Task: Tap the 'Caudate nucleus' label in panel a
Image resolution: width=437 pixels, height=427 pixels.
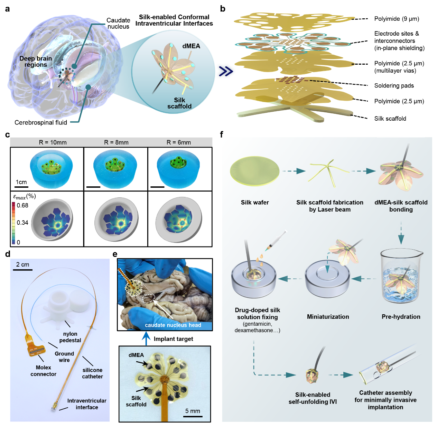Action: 118,24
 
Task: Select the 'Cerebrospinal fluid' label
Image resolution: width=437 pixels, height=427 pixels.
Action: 41,122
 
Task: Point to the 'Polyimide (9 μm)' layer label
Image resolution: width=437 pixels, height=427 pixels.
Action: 397,19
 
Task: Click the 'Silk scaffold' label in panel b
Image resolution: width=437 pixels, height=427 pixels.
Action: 390,119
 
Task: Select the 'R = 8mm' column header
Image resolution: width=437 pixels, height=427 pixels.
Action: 116,142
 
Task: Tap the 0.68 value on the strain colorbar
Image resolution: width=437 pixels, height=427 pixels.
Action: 22,205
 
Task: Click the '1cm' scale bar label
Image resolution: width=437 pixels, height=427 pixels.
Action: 21,182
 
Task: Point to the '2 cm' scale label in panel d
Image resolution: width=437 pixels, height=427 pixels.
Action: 23,264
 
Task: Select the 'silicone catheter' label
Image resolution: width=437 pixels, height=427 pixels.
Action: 92,373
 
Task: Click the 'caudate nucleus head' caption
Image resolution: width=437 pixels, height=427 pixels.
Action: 173,325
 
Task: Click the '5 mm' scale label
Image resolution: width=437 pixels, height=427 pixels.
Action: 193,411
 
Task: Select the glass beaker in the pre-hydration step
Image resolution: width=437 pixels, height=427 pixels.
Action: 401,273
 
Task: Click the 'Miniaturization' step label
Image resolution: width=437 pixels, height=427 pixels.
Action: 328,317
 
